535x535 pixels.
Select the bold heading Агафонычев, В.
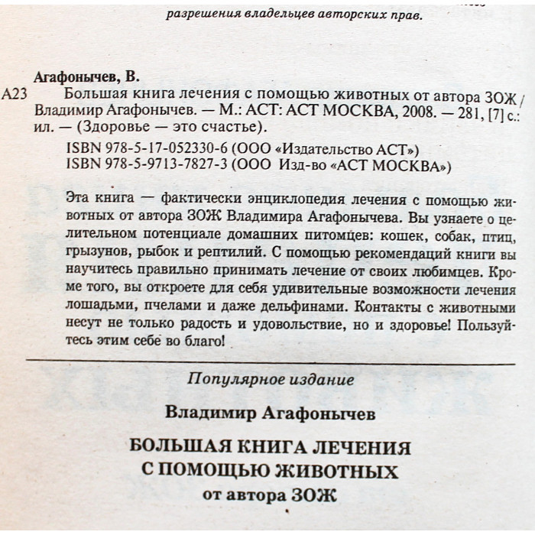coord(86,77)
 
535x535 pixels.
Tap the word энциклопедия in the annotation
coord(262,200)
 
